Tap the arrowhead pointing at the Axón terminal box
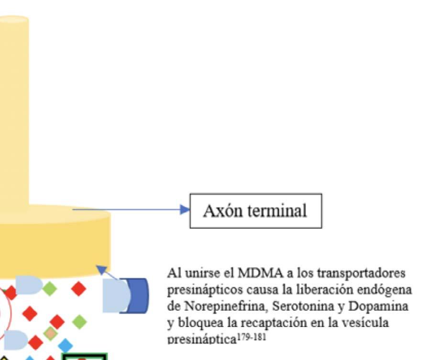pyautogui.click(x=185, y=209)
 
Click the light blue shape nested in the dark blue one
pyautogui.click(x=115, y=296)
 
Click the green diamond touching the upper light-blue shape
pyautogui.click(x=49, y=289)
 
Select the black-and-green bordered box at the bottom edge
pyautogui.click(x=84, y=357)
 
